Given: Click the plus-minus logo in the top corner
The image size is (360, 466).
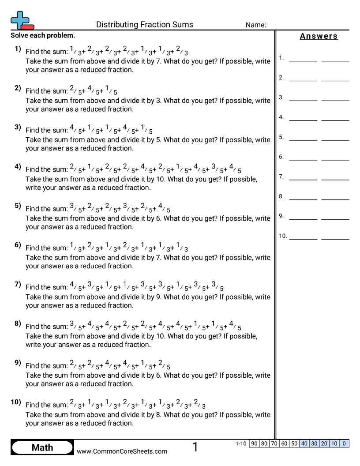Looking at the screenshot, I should [x=22, y=20].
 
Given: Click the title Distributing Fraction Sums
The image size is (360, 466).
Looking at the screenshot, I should [x=144, y=25].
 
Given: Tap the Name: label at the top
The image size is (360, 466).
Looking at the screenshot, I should [x=255, y=25].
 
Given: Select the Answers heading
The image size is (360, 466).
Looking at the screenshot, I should [x=319, y=36].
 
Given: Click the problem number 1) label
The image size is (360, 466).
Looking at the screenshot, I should [x=18, y=49].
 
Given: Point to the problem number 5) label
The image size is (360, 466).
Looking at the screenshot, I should [x=18, y=206].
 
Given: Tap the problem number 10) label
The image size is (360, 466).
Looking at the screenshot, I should [x=16, y=402].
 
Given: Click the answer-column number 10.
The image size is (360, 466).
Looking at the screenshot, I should [x=282, y=236].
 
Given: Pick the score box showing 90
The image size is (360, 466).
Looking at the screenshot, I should [x=254, y=443].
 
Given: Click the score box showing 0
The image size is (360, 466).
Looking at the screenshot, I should [x=344, y=443].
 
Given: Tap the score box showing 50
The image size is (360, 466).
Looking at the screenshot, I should [x=294, y=443].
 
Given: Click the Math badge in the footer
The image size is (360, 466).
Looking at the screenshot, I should [x=42, y=447].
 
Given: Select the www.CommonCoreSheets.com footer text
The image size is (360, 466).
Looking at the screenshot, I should [x=122, y=451].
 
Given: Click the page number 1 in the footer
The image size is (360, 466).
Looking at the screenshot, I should [x=195, y=447].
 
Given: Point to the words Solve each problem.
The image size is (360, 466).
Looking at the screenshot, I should [x=43, y=35].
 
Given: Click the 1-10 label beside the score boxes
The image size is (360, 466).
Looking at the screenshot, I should [x=241, y=443].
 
